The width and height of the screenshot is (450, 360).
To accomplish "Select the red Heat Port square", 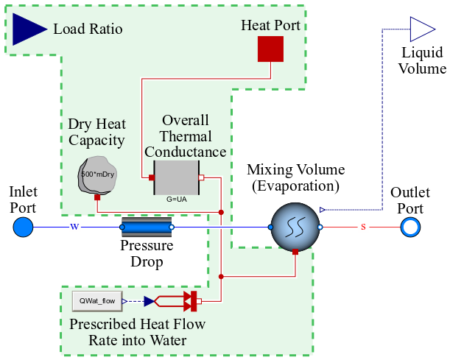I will point(270,49).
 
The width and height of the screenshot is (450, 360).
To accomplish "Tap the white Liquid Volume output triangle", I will point(423,29).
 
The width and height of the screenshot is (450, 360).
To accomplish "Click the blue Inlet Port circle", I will point(24,227).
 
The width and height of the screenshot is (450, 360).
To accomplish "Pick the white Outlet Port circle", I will point(410,227).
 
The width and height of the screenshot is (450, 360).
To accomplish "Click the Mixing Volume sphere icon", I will point(295,227).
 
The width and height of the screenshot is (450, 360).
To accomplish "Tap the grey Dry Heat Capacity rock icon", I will point(97,175).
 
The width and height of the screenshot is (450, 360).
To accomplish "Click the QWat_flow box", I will point(96,300).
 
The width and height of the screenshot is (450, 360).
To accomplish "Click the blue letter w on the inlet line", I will point(74,226).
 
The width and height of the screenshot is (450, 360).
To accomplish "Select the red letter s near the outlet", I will point(363,227).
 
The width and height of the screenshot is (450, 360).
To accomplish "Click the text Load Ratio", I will point(88,29).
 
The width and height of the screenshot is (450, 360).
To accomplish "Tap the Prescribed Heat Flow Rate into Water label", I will point(137,332).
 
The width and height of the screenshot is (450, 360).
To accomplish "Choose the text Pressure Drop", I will point(147,254).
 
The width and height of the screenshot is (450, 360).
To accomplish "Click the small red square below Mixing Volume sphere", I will point(295,252).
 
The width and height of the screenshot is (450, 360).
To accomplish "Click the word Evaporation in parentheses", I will point(295,186).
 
